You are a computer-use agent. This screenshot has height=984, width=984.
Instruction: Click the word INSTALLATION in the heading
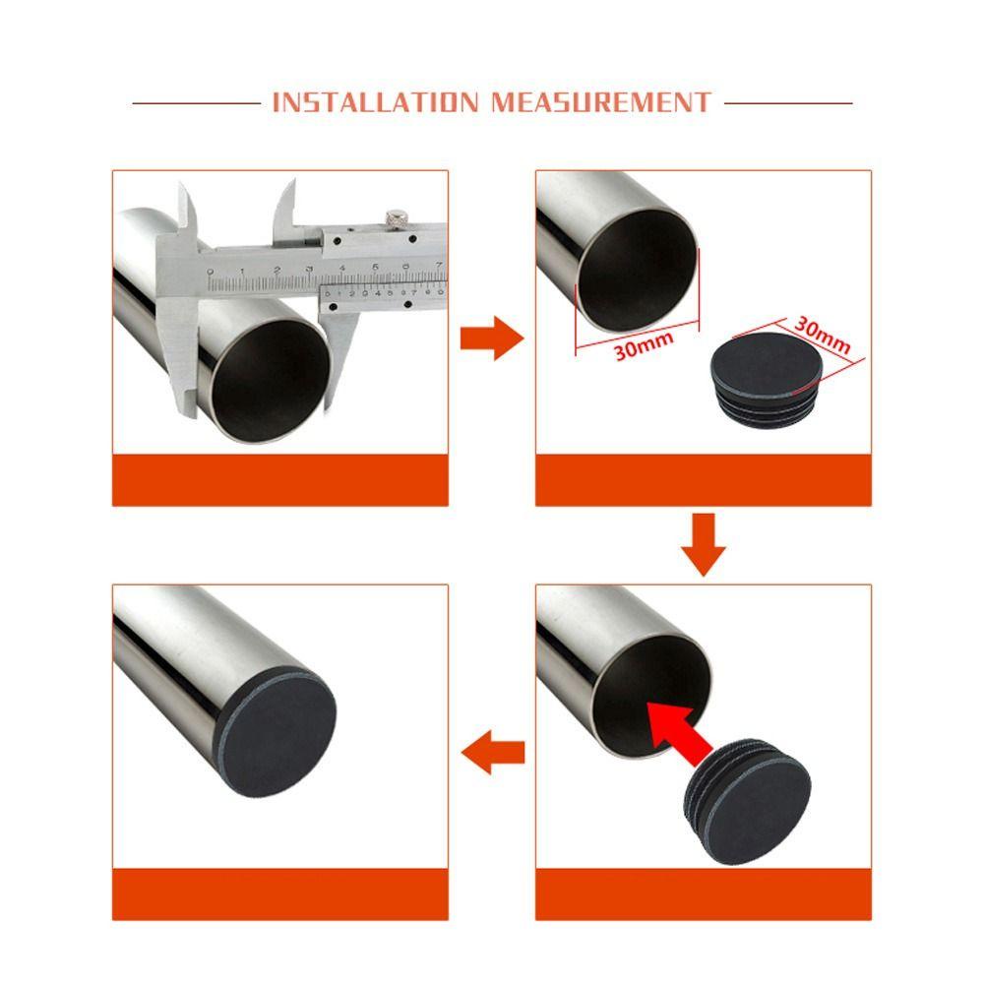[375, 102]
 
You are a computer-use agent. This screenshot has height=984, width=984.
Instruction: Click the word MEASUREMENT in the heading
[601, 102]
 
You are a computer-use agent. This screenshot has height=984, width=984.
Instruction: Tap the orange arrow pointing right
[492, 338]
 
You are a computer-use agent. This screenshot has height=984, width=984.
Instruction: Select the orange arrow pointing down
[704, 545]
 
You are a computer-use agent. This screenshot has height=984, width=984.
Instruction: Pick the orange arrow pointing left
[493, 752]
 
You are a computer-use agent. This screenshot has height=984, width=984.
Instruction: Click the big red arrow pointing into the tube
[679, 734]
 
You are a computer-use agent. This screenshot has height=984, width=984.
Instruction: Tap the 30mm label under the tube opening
[644, 345]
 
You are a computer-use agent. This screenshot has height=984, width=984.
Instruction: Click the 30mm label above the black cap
[822, 335]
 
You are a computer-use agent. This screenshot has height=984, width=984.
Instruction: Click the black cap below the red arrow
[747, 801]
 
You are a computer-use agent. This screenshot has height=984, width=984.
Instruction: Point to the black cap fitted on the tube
[278, 732]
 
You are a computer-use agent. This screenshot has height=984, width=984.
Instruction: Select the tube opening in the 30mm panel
[637, 270]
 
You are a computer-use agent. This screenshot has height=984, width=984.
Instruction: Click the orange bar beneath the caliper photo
[279, 479]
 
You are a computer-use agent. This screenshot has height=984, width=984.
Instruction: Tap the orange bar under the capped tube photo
[279, 894]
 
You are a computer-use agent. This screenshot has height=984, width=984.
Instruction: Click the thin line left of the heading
[197, 103]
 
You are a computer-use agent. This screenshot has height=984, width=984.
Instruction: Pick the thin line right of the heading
[788, 103]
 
